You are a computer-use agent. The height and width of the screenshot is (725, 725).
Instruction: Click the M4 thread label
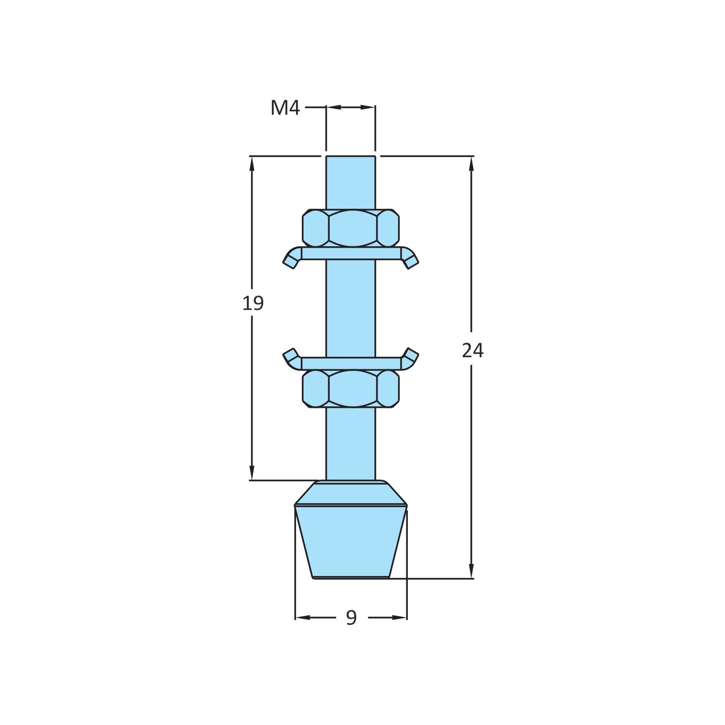tap(285, 108)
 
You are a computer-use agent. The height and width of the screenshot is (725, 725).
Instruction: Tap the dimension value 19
tap(253, 303)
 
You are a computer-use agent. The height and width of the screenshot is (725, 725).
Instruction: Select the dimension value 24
tap(472, 350)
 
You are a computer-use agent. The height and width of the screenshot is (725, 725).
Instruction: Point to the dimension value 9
tap(351, 618)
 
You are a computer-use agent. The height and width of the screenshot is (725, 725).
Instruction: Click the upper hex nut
tap(351, 228)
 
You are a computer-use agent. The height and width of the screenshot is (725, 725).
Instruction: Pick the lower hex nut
tap(351, 389)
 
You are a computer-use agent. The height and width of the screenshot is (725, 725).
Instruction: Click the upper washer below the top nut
tap(351, 254)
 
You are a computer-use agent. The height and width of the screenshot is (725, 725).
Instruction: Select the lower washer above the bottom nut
tap(351, 363)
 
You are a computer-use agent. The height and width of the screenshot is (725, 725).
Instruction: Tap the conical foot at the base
tap(351, 540)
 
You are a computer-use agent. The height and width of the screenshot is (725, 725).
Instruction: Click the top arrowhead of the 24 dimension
tap(471, 164)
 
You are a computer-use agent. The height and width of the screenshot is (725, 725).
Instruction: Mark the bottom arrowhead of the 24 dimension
tap(471, 571)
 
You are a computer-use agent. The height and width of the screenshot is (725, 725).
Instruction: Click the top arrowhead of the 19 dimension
tap(252, 164)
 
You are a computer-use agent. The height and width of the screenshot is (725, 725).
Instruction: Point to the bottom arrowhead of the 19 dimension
tap(252, 473)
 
